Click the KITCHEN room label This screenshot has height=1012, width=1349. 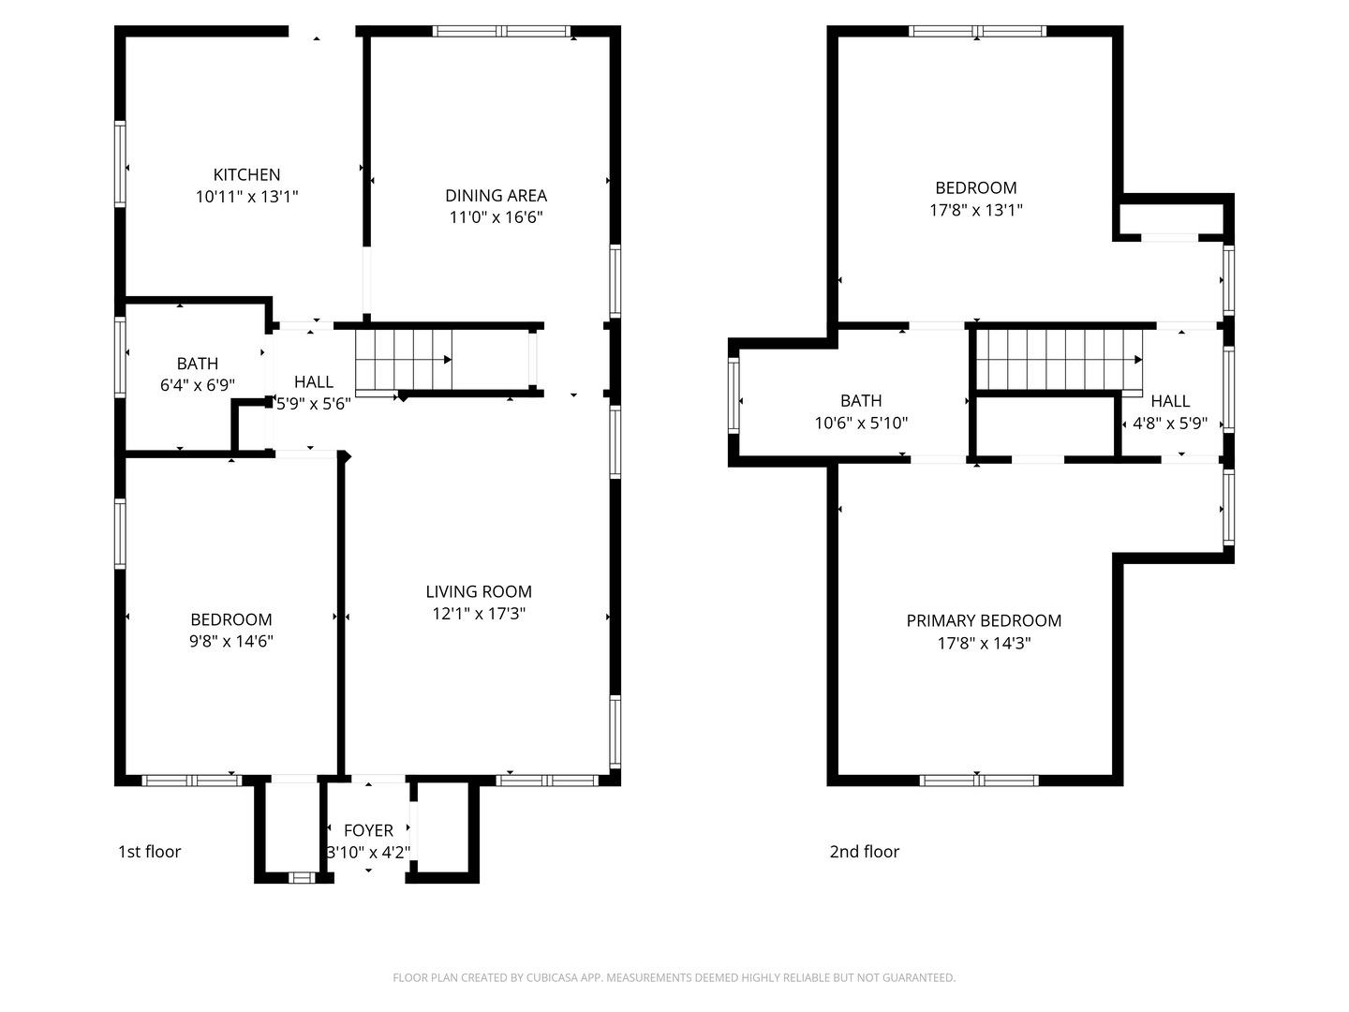point(246,174)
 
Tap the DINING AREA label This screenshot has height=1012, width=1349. point(496,195)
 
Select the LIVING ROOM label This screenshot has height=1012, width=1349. point(479,591)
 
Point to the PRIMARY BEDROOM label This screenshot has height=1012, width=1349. point(984,620)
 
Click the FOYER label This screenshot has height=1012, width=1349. point(368,830)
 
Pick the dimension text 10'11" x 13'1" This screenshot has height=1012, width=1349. point(246,197)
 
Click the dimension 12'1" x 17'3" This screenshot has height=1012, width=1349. point(479,614)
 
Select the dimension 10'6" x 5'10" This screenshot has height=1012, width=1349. point(861,424)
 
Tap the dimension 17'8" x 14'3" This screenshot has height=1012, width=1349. point(984,644)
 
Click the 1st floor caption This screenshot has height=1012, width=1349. point(149,852)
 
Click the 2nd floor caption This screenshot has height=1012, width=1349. point(864,852)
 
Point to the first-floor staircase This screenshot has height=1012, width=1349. point(403,360)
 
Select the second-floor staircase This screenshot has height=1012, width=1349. point(1059,359)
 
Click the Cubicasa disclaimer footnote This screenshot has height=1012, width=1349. point(674,978)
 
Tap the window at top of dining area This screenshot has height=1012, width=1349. point(502,31)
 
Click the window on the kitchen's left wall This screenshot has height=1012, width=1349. point(120,164)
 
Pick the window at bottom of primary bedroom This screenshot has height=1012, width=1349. point(978,780)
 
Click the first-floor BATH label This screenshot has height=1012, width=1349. point(198,364)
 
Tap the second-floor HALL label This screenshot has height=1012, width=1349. point(1170,401)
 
